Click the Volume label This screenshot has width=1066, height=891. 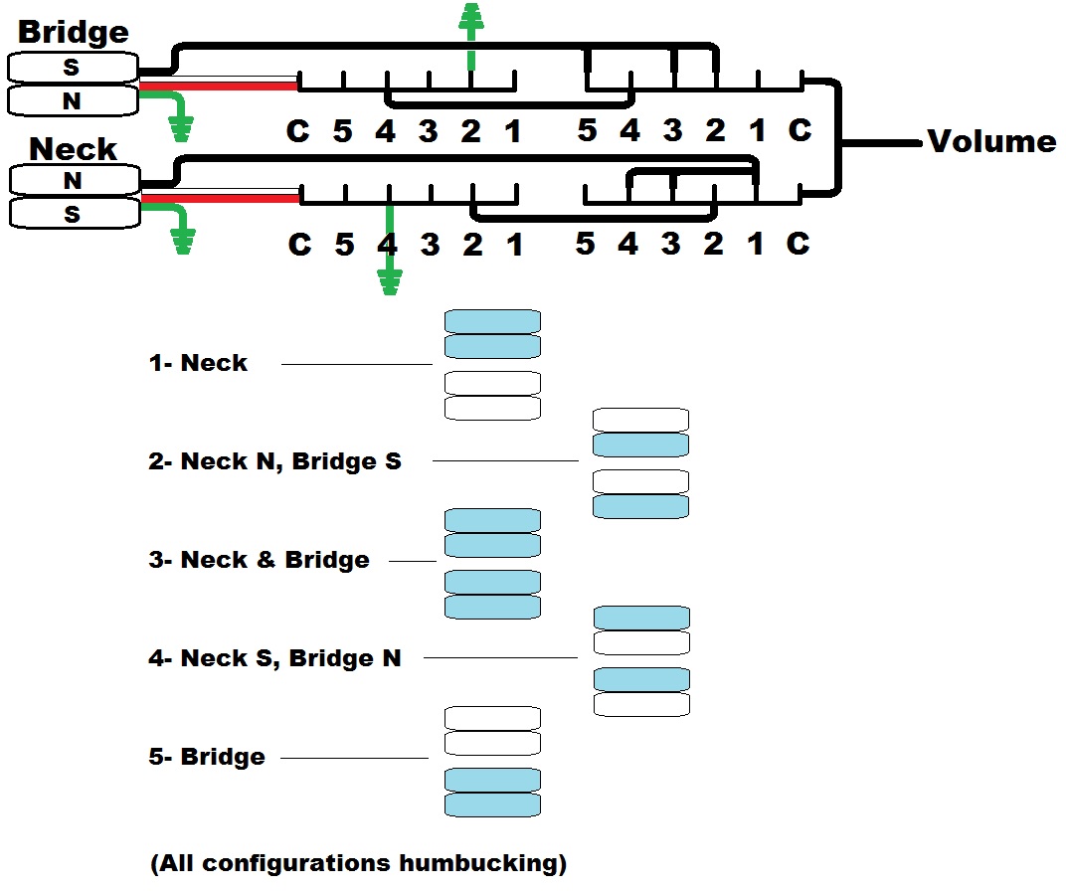(991, 141)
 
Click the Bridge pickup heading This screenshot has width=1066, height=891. (74, 33)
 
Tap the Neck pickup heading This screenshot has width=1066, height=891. (73, 149)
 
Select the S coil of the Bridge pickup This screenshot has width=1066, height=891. (73, 68)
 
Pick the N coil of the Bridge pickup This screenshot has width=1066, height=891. (73, 100)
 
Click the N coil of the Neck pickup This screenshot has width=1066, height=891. (75, 181)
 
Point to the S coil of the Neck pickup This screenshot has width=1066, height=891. (75, 214)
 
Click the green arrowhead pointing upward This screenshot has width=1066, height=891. (470, 17)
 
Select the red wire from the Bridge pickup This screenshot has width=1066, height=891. (218, 87)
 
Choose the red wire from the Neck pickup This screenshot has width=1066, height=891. (221, 199)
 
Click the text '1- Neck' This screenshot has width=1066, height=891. (198, 363)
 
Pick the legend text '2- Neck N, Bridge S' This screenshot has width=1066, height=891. (274, 461)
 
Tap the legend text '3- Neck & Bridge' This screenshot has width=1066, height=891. (259, 559)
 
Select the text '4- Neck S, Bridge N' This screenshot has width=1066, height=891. (274, 658)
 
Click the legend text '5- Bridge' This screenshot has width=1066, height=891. (207, 757)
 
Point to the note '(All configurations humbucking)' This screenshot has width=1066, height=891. (358, 863)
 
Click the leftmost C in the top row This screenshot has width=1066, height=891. (297, 131)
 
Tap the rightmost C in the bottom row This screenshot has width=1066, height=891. (799, 244)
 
